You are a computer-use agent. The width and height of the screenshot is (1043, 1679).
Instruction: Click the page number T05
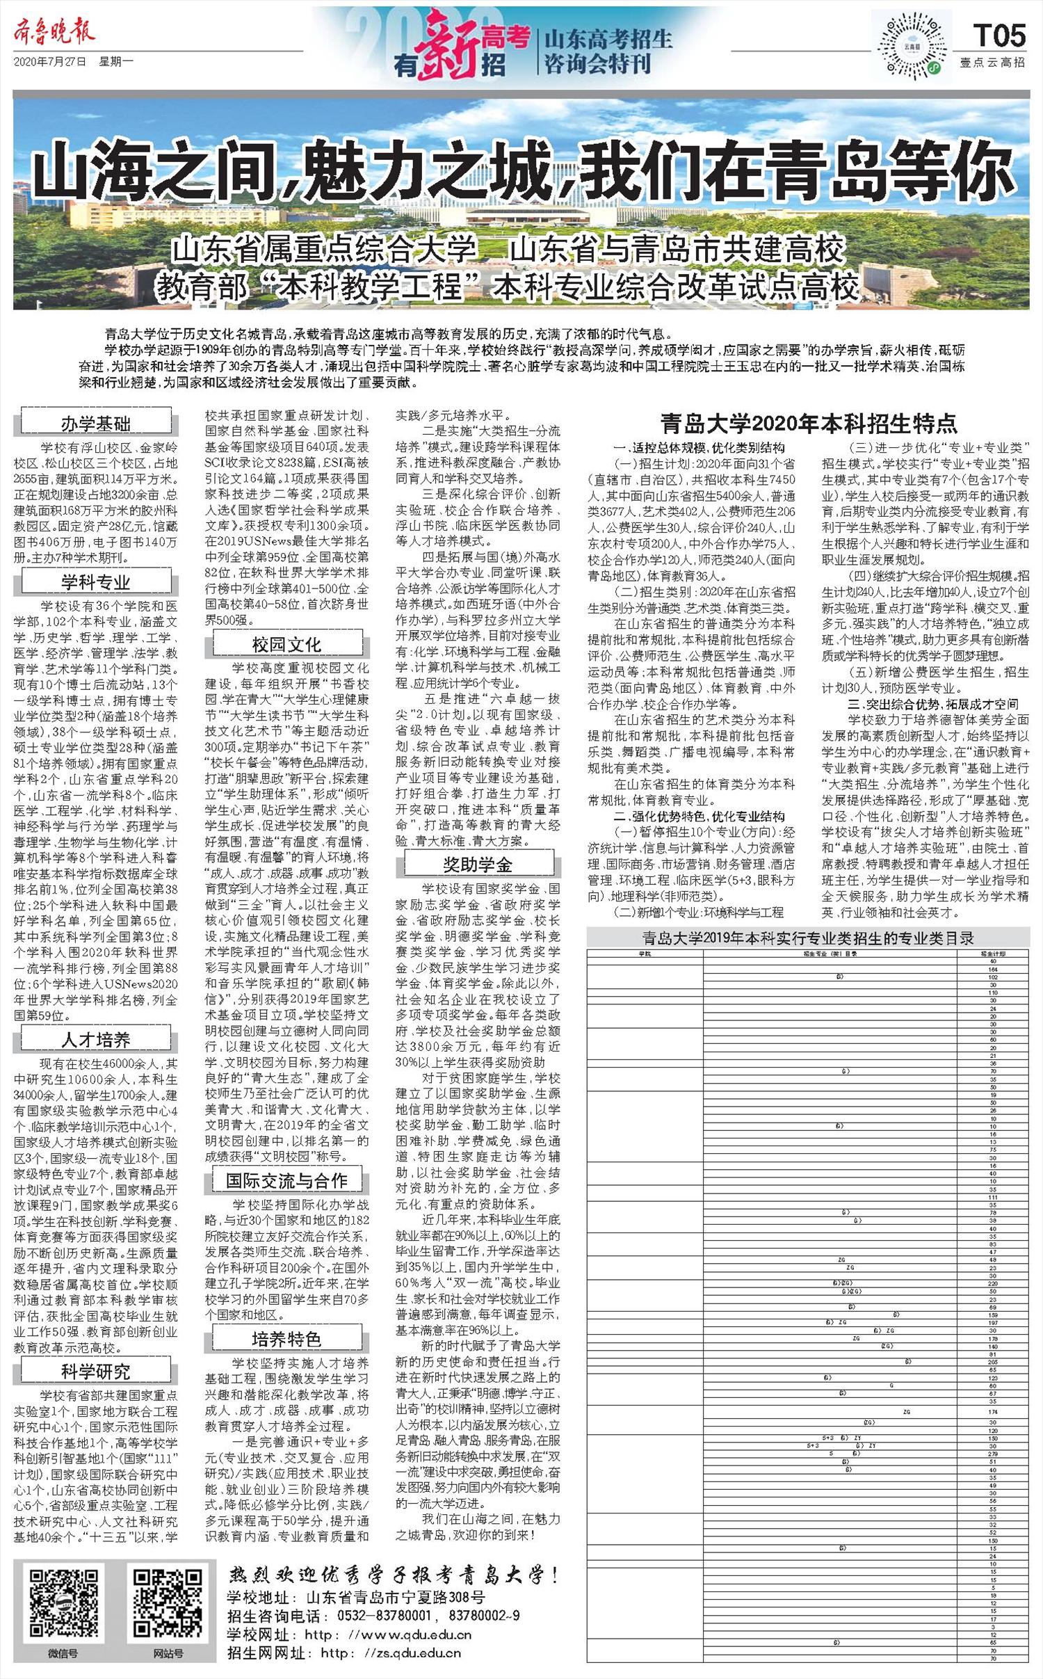point(999,35)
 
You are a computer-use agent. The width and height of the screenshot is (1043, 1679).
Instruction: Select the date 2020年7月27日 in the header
point(50,62)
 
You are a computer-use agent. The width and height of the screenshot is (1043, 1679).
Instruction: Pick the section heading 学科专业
point(96,582)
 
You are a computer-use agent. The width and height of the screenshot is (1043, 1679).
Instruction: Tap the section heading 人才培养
point(96,1040)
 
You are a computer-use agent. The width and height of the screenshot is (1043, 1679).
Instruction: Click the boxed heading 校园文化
point(286,645)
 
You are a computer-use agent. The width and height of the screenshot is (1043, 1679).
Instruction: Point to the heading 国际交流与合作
point(286,1180)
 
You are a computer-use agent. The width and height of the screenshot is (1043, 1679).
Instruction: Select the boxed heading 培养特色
point(286,1339)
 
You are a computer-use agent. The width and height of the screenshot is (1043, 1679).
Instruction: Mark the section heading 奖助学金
point(478,865)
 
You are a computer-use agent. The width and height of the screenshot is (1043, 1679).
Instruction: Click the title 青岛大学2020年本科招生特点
point(809,423)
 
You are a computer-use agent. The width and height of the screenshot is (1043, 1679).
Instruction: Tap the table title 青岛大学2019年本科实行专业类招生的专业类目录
point(808,938)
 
